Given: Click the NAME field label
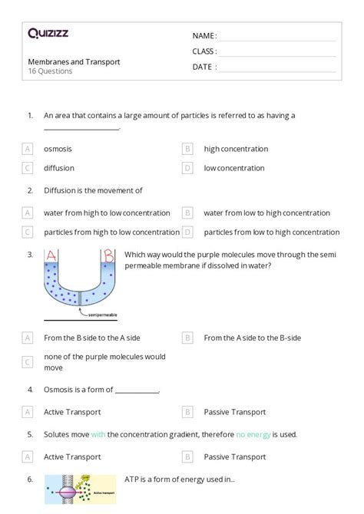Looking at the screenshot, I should [204, 35].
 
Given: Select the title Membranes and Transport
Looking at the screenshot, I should [74, 61].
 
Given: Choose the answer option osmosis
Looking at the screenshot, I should [58, 149].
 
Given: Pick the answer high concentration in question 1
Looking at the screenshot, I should [236, 149].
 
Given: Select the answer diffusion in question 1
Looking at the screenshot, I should [58, 167].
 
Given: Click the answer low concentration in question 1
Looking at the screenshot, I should [234, 167].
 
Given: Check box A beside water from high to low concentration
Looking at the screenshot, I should [28, 213].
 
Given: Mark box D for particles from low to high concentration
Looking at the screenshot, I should [187, 232].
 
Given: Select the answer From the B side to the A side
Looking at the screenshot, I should [91, 337].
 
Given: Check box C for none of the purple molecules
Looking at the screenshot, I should [28, 362].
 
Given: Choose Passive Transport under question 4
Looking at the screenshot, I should [234, 412].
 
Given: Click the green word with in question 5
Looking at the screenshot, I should [98, 434].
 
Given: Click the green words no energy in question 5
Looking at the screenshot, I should [253, 434].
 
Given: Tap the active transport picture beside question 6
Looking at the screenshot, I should [81, 489].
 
